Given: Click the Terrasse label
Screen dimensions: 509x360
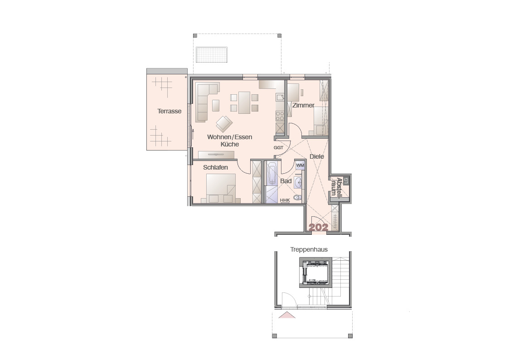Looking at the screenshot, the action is coord(169,111).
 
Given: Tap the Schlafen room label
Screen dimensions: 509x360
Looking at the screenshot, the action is coord(215,167).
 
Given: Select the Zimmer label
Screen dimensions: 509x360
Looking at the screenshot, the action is coord(303,105).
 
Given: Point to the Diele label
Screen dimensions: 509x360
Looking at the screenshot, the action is coord(316,156).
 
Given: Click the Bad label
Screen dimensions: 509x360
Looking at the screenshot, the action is coord(286,181).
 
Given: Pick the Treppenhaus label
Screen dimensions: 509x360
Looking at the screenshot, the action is coord(309,249).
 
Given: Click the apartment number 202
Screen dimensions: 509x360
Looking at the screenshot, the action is coord(318,227).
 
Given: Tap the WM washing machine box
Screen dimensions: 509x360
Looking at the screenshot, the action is coord(300,165).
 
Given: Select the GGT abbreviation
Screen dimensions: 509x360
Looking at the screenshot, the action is coord(278,147).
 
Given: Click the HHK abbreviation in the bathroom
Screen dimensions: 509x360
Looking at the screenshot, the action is coord(285,200).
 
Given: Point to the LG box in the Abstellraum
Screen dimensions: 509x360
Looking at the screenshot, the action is coord(346,181).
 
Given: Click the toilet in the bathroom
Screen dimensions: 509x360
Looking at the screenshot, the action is coord(297,197).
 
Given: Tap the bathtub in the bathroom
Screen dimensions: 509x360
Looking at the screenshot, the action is coord(271,173).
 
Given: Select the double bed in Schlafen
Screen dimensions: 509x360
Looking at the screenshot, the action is coord(221,189).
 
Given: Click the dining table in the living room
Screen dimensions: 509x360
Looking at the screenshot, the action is coord(244,102).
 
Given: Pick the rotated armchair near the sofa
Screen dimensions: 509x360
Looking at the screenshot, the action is coord(224,124).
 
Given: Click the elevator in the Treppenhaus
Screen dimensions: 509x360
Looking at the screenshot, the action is coord(314,272).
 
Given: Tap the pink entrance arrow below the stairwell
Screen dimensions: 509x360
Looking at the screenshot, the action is coord(287,315).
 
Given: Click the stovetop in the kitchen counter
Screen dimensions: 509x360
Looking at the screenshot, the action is coord(280,116).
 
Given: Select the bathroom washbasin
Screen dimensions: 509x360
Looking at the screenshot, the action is coord(298,183).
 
